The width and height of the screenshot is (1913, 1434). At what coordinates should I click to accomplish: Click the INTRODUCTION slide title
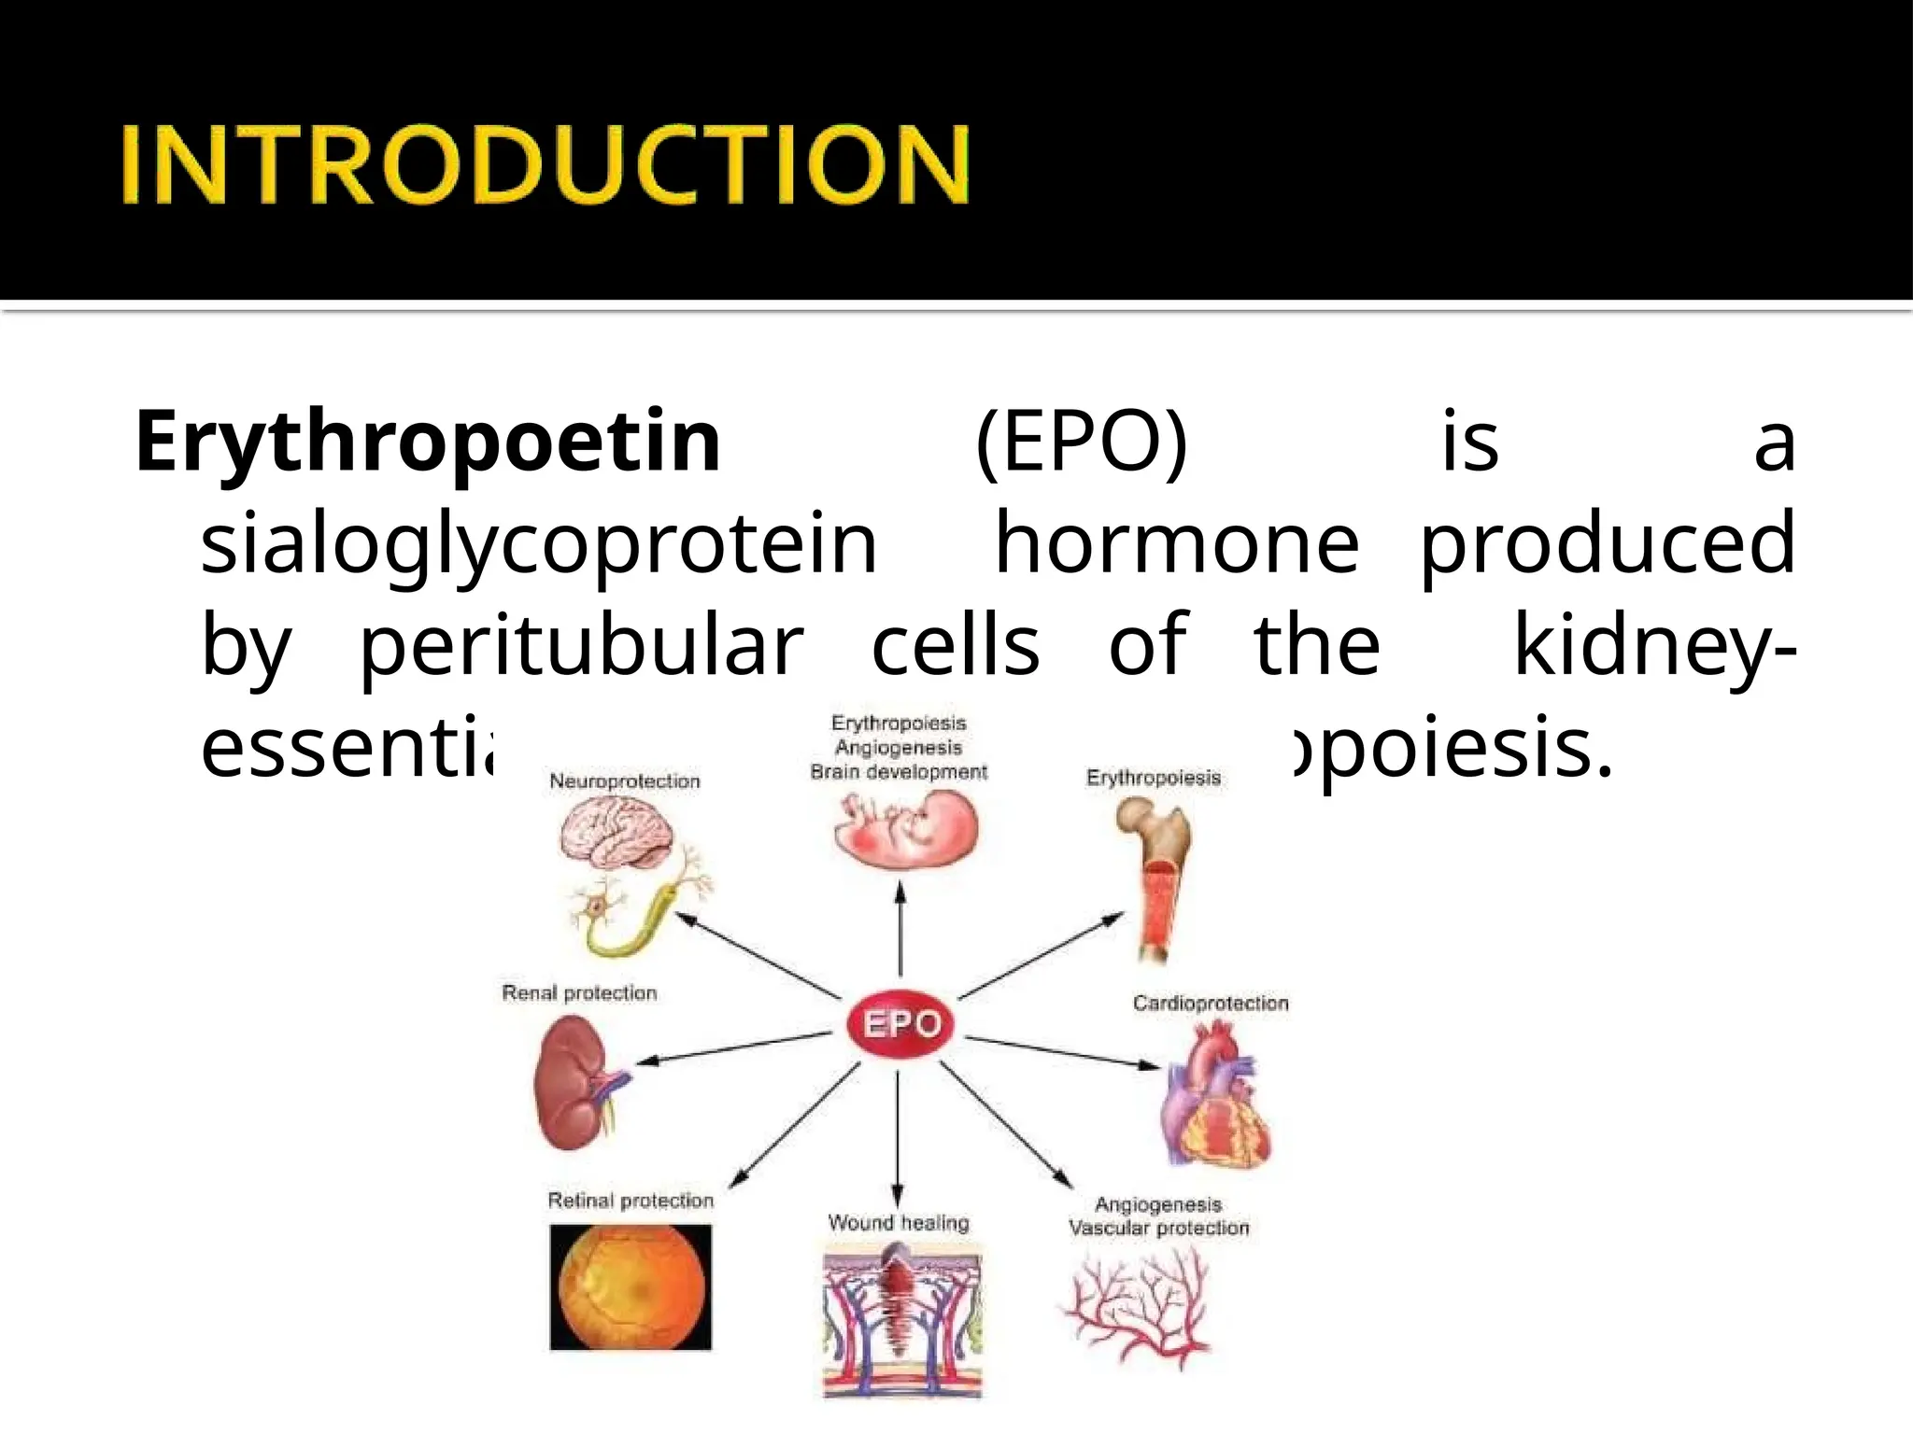pos(546,165)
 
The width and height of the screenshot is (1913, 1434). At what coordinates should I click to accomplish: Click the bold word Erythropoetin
pos(428,441)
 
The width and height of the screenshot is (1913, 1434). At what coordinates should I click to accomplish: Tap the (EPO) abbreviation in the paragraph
pos(1081,441)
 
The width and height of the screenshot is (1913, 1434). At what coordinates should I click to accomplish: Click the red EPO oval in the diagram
pos(900,1024)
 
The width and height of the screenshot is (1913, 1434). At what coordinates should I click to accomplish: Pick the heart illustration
pos(1214,1092)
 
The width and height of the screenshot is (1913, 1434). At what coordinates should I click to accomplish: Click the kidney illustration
pos(572,1083)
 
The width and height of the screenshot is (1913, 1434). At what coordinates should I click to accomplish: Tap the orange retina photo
pos(631,1287)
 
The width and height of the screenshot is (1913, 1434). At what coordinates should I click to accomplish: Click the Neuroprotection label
pos(624,781)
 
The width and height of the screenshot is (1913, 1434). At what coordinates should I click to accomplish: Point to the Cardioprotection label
pos(1211,1004)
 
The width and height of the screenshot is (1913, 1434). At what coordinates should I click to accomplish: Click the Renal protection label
pos(579,993)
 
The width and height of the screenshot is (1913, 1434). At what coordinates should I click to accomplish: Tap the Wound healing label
pos(899,1223)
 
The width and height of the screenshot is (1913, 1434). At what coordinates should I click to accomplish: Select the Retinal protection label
pos(631,1201)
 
